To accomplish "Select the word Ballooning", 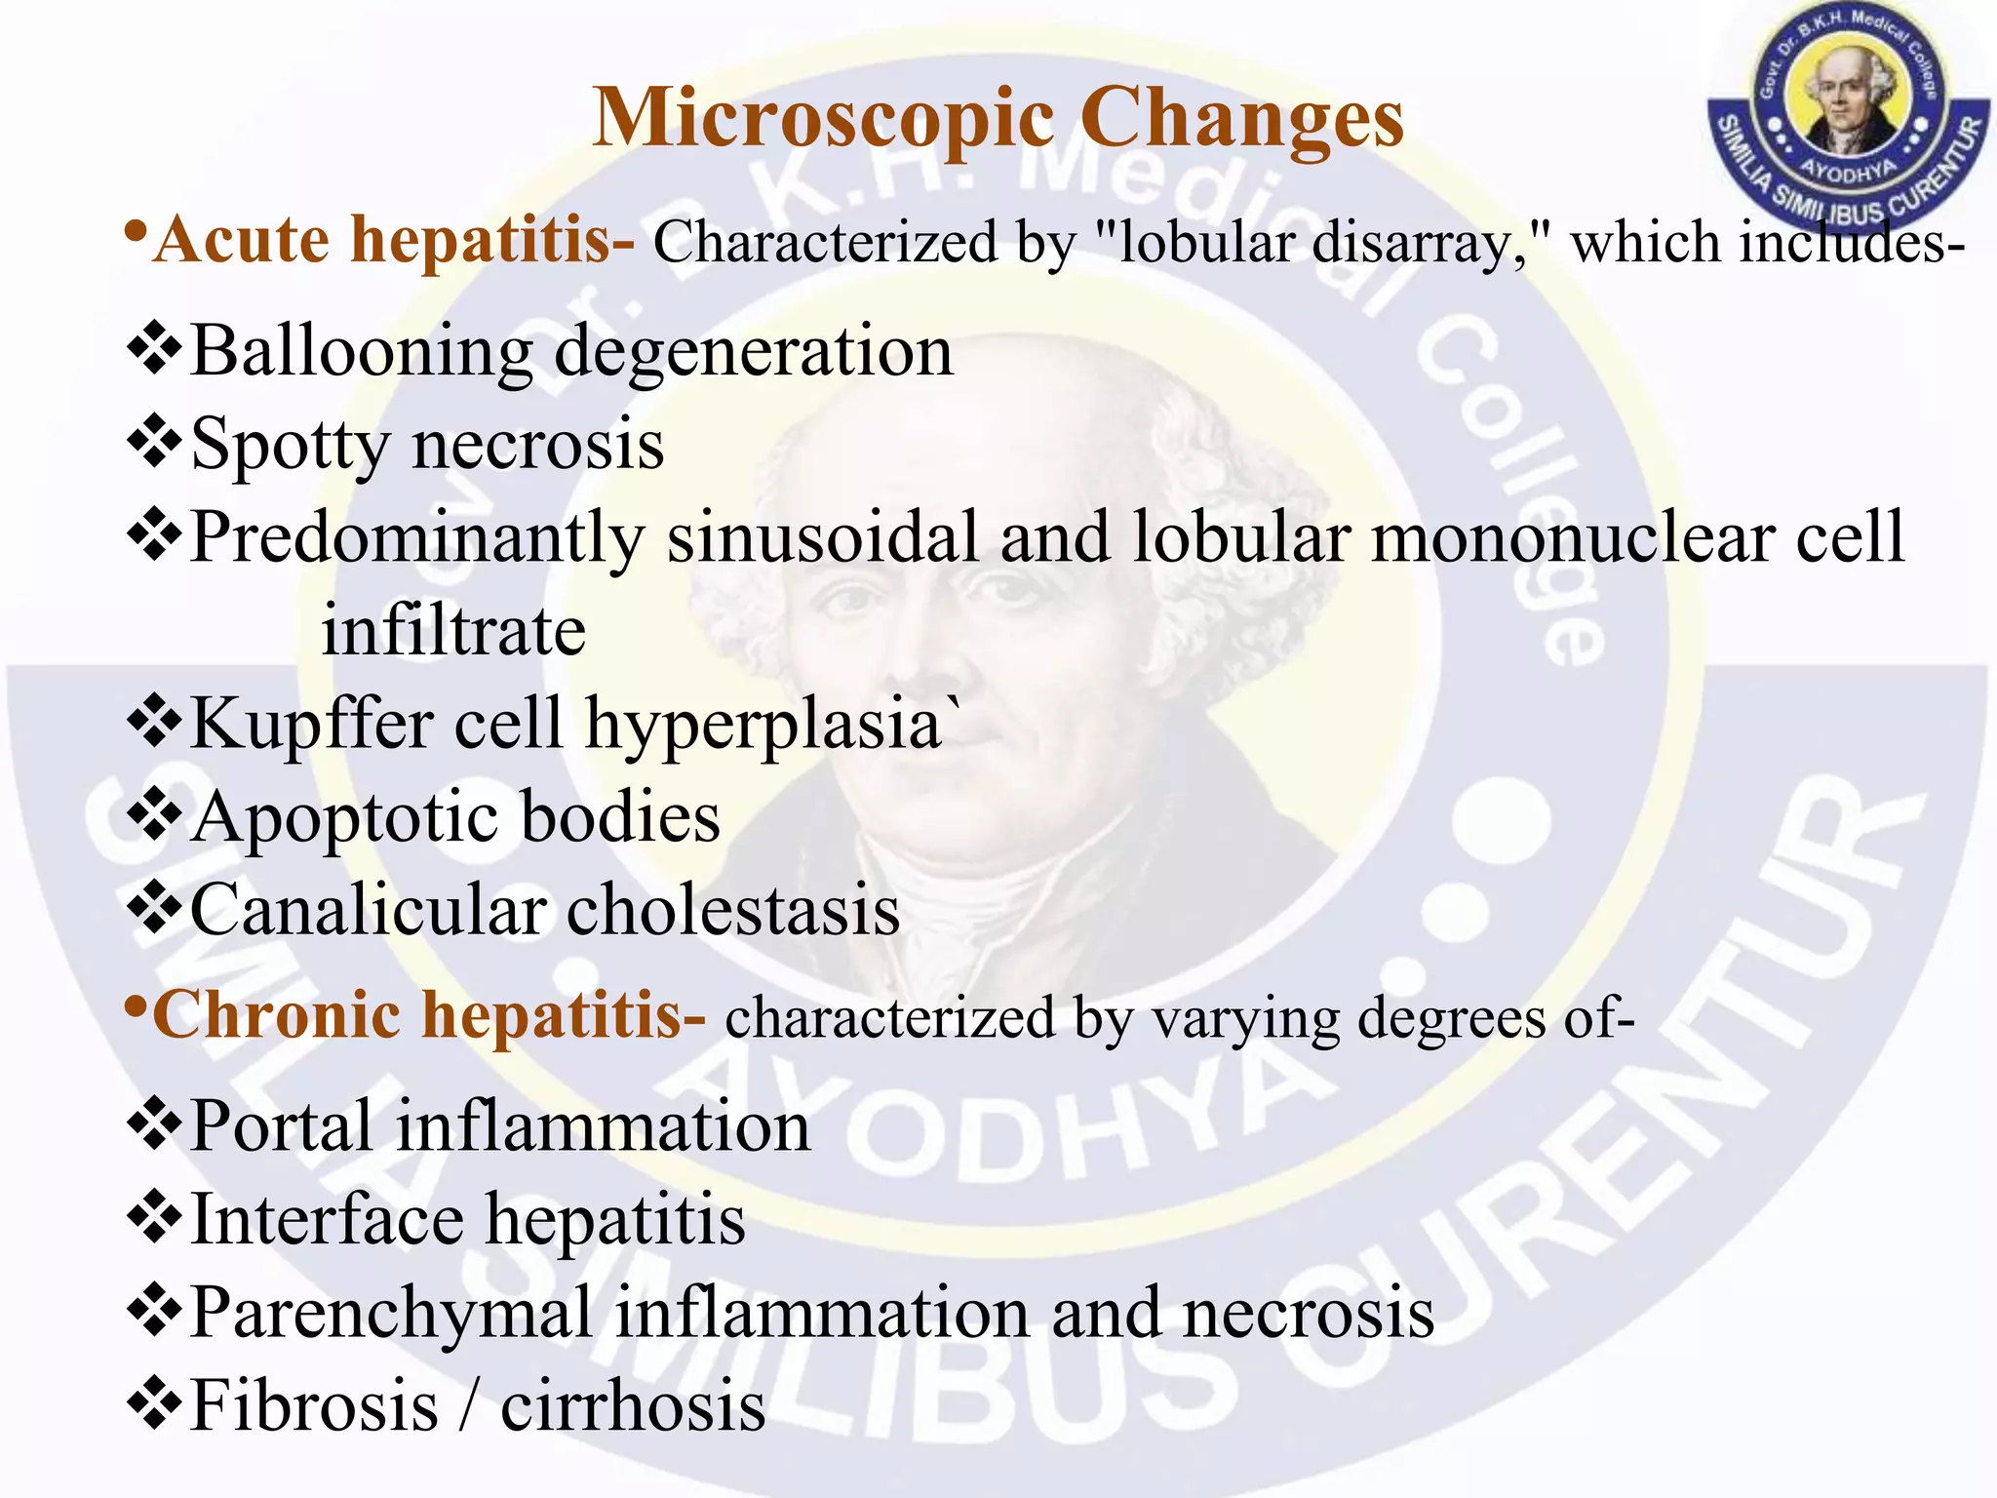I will [361, 351].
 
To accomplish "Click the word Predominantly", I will [417, 538].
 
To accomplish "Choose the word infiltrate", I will [453, 630].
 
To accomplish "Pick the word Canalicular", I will [368, 910].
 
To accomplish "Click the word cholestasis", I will [733, 910].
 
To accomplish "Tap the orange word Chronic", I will [277, 1015].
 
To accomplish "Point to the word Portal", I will [282, 1126].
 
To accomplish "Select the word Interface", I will [327, 1220].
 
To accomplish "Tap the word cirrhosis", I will [633, 1406].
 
